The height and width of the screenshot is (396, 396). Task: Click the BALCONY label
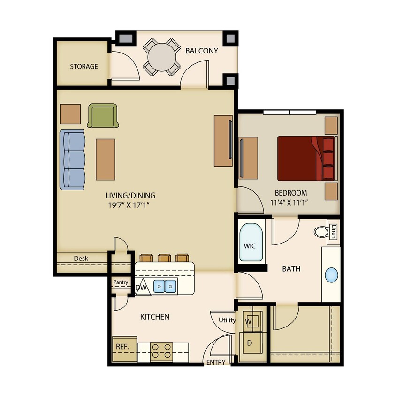pos(202,51)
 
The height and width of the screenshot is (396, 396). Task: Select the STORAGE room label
pos(84,66)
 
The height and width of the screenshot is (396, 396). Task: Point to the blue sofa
pos(73,160)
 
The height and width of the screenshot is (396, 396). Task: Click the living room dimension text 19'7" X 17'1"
pos(130,205)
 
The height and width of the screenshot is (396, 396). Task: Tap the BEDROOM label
pos(291,193)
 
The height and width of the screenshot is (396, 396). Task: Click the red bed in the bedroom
pos(305,158)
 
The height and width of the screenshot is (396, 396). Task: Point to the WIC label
pos(249,245)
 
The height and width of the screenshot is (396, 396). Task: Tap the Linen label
pos(334,232)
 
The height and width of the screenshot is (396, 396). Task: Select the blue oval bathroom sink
pos(332,274)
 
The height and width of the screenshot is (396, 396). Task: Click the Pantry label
pos(121,282)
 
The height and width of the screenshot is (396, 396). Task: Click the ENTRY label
pos(216,362)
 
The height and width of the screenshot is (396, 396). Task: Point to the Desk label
pos(81,258)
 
